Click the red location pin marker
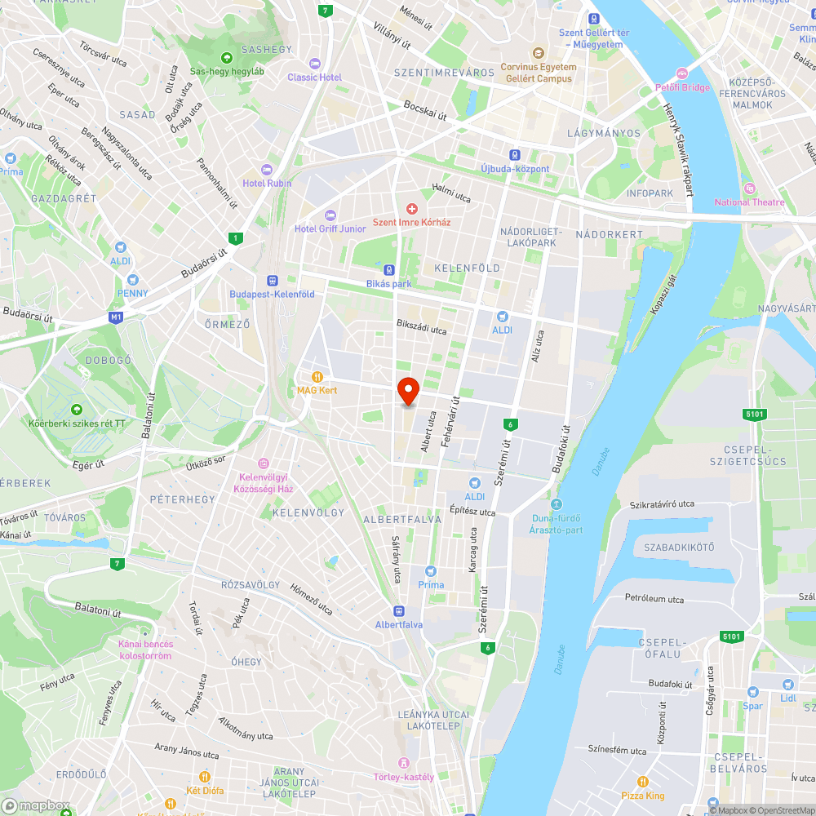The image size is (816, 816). point(407,391)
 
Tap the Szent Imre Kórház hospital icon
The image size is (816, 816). point(412,209)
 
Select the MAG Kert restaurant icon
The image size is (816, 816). point(317,377)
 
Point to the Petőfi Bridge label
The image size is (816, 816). point(682,87)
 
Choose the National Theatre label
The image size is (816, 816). point(749,202)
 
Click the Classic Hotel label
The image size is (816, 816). point(314,78)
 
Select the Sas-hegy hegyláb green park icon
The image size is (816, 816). point(226,58)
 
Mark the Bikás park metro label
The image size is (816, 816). point(389,284)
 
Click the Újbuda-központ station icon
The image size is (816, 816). point(515,155)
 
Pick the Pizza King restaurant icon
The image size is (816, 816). point(643,782)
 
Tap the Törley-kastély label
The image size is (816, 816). point(403,777)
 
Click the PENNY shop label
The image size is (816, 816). point(132,293)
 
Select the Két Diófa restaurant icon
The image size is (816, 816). point(205,777)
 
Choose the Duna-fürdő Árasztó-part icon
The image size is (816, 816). point(557,504)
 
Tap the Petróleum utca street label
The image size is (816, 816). point(654,599)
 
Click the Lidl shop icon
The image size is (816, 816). point(787,685)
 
